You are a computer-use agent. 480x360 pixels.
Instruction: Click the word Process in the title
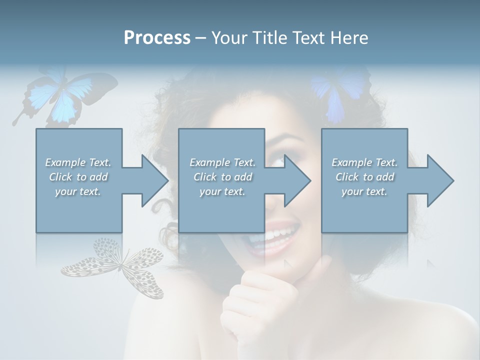157,37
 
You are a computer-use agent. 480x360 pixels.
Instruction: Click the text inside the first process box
78,177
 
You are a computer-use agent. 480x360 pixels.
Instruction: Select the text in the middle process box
222,177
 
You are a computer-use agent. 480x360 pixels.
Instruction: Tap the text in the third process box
364,177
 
